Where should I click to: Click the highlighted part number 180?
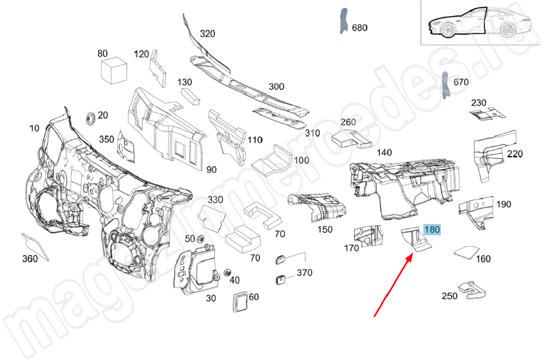(x=431, y=230)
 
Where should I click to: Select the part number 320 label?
(x=207, y=34)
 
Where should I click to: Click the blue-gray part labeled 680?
(x=344, y=22)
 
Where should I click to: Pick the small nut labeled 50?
(x=200, y=239)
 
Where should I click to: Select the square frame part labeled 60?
(x=240, y=301)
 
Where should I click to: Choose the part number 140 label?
(x=384, y=153)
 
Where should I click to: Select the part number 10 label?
(x=34, y=128)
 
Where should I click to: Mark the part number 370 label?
(x=304, y=272)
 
